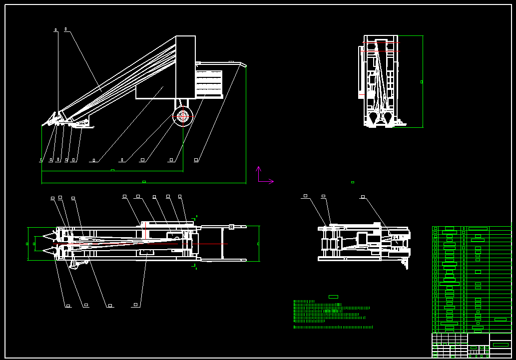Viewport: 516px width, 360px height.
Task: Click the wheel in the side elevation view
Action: tap(183, 116)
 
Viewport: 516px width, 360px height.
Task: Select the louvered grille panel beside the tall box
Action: tap(209, 83)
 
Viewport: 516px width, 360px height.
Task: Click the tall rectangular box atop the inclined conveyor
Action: tap(185, 66)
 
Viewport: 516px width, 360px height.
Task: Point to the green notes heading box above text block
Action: tap(333, 297)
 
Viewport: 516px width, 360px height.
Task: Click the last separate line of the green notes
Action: tap(333, 327)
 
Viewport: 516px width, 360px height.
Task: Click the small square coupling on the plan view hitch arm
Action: tap(231, 227)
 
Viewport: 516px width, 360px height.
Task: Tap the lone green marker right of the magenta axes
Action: tap(352, 182)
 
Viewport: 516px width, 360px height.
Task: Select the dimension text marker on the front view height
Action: tap(422, 81)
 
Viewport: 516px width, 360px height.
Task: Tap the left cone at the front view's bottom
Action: tap(373, 117)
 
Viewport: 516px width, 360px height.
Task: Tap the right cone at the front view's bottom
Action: tap(388, 117)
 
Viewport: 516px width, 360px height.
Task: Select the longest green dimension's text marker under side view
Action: tap(144, 182)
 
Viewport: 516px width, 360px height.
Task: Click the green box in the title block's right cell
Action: tap(500, 345)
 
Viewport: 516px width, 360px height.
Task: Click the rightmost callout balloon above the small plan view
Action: tap(363, 197)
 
